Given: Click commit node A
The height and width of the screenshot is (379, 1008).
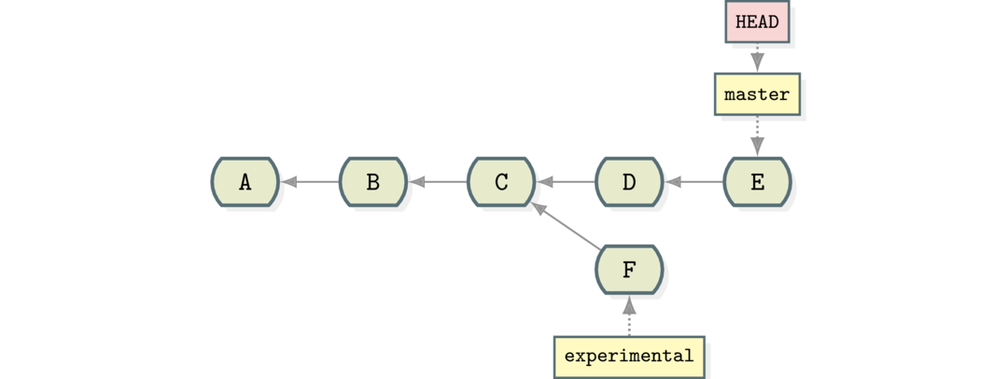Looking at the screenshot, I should (x=245, y=182).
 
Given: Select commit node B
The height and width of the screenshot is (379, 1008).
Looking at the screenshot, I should (x=372, y=182).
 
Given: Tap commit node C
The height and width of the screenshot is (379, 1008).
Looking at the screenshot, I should (x=501, y=182).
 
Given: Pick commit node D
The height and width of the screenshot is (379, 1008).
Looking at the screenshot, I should (x=629, y=182).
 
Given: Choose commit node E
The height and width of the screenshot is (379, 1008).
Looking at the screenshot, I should (x=757, y=182).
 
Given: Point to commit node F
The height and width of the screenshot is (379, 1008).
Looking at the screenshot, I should (x=629, y=270).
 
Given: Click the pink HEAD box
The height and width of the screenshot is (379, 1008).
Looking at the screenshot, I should (x=757, y=21).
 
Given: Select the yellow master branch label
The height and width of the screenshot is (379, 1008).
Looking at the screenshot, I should (x=757, y=94).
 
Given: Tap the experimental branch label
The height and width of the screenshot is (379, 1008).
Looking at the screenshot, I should (x=629, y=356).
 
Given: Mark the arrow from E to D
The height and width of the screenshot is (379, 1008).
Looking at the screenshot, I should (x=693, y=182).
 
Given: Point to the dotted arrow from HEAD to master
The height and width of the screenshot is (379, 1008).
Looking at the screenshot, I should (x=757, y=57).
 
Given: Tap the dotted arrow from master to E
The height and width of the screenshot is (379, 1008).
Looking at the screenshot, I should (x=757, y=133).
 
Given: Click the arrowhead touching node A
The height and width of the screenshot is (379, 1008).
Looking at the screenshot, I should (x=289, y=182).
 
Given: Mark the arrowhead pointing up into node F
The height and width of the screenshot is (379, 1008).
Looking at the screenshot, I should (x=629, y=304).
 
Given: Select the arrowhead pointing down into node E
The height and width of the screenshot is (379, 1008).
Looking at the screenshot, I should (x=757, y=146).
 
